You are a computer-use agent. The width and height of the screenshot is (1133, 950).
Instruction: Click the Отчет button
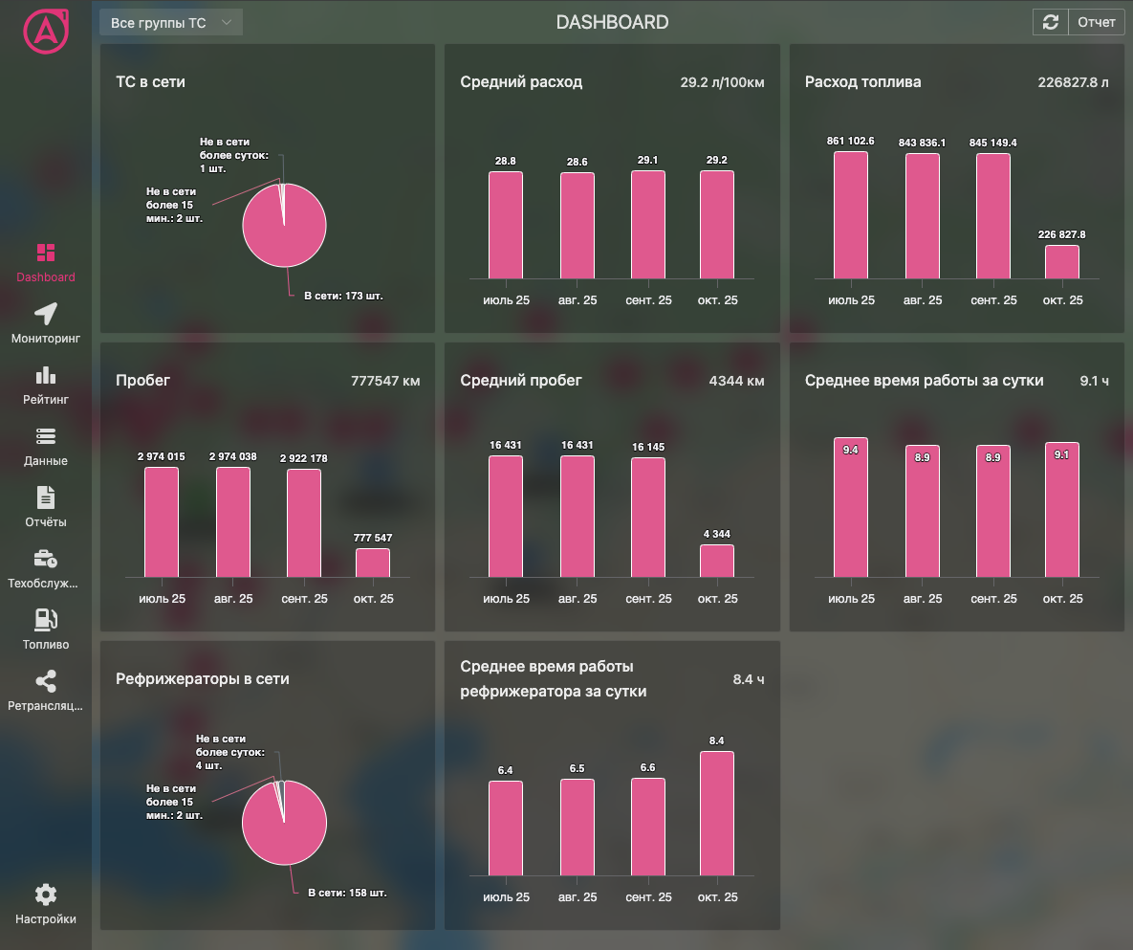click(1097, 22)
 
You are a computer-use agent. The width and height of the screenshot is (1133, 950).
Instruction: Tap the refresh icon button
click(1050, 22)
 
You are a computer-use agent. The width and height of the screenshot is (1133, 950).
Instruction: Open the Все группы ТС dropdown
click(171, 22)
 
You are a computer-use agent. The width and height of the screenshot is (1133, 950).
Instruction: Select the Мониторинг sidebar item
click(46, 323)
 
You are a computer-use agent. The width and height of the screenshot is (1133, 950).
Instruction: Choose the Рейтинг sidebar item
click(46, 385)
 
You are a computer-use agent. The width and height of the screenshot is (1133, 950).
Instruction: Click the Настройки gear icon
click(46, 895)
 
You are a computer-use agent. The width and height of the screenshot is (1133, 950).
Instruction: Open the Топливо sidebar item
click(46, 630)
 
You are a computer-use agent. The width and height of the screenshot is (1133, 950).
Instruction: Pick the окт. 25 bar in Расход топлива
click(1062, 262)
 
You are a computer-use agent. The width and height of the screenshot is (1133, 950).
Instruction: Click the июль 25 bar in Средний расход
click(506, 225)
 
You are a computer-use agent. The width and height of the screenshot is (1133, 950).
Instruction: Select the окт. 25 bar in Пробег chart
click(373, 563)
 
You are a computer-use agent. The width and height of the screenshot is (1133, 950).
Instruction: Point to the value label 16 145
click(647, 447)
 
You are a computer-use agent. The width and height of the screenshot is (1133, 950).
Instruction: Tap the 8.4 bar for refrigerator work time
click(717, 813)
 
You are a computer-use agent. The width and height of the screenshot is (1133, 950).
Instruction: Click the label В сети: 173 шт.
click(343, 297)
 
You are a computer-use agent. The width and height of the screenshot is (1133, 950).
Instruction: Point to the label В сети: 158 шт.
click(347, 893)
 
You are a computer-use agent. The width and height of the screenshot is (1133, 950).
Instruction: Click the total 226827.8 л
click(1073, 82)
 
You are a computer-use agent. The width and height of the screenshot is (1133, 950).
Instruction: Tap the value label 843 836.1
click(922, 143)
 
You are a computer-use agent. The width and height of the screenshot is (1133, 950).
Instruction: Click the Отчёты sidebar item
click(46, 507)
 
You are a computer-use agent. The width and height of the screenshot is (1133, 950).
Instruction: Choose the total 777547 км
click(385, 381)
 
